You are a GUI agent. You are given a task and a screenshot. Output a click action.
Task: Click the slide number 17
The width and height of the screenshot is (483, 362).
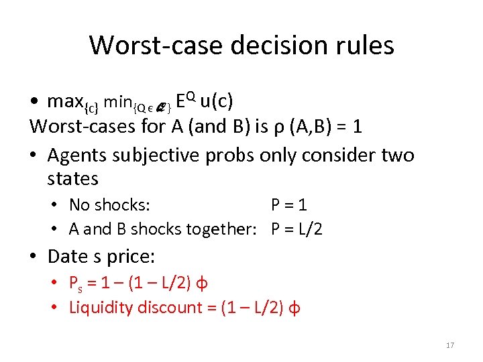coord(450,345)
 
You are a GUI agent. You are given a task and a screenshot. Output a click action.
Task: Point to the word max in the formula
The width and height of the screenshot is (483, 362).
coord(65,102)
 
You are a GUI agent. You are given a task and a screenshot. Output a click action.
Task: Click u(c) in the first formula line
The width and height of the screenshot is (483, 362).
coord(217,101)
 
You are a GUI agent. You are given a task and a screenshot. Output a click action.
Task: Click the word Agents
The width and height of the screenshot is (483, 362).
coord(77,155)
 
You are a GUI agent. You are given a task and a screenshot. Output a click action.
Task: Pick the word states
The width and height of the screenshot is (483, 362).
coord(73,179)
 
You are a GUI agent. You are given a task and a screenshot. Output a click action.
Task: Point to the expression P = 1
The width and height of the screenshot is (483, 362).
coord(288,204)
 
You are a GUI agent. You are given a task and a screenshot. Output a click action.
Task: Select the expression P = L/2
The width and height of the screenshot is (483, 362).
coord(297,229)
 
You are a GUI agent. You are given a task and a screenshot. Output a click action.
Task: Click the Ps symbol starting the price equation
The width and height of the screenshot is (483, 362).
coord(75,283)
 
